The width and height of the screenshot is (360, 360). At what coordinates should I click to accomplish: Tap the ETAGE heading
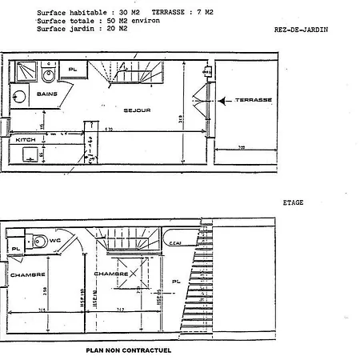[x=294, y=203]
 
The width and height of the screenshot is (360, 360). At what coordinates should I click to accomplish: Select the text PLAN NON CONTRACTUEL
[x=128, y=350]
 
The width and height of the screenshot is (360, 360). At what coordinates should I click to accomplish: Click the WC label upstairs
[x=55, y=239]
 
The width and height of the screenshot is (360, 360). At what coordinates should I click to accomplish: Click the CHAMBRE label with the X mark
[x=112, y=274]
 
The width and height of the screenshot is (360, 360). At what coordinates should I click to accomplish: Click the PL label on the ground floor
[x=73, y=70]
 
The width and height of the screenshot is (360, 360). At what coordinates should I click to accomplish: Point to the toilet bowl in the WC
[x=38, y=240]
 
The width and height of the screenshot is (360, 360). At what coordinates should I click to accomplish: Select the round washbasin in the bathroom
[x=47, y=78]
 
